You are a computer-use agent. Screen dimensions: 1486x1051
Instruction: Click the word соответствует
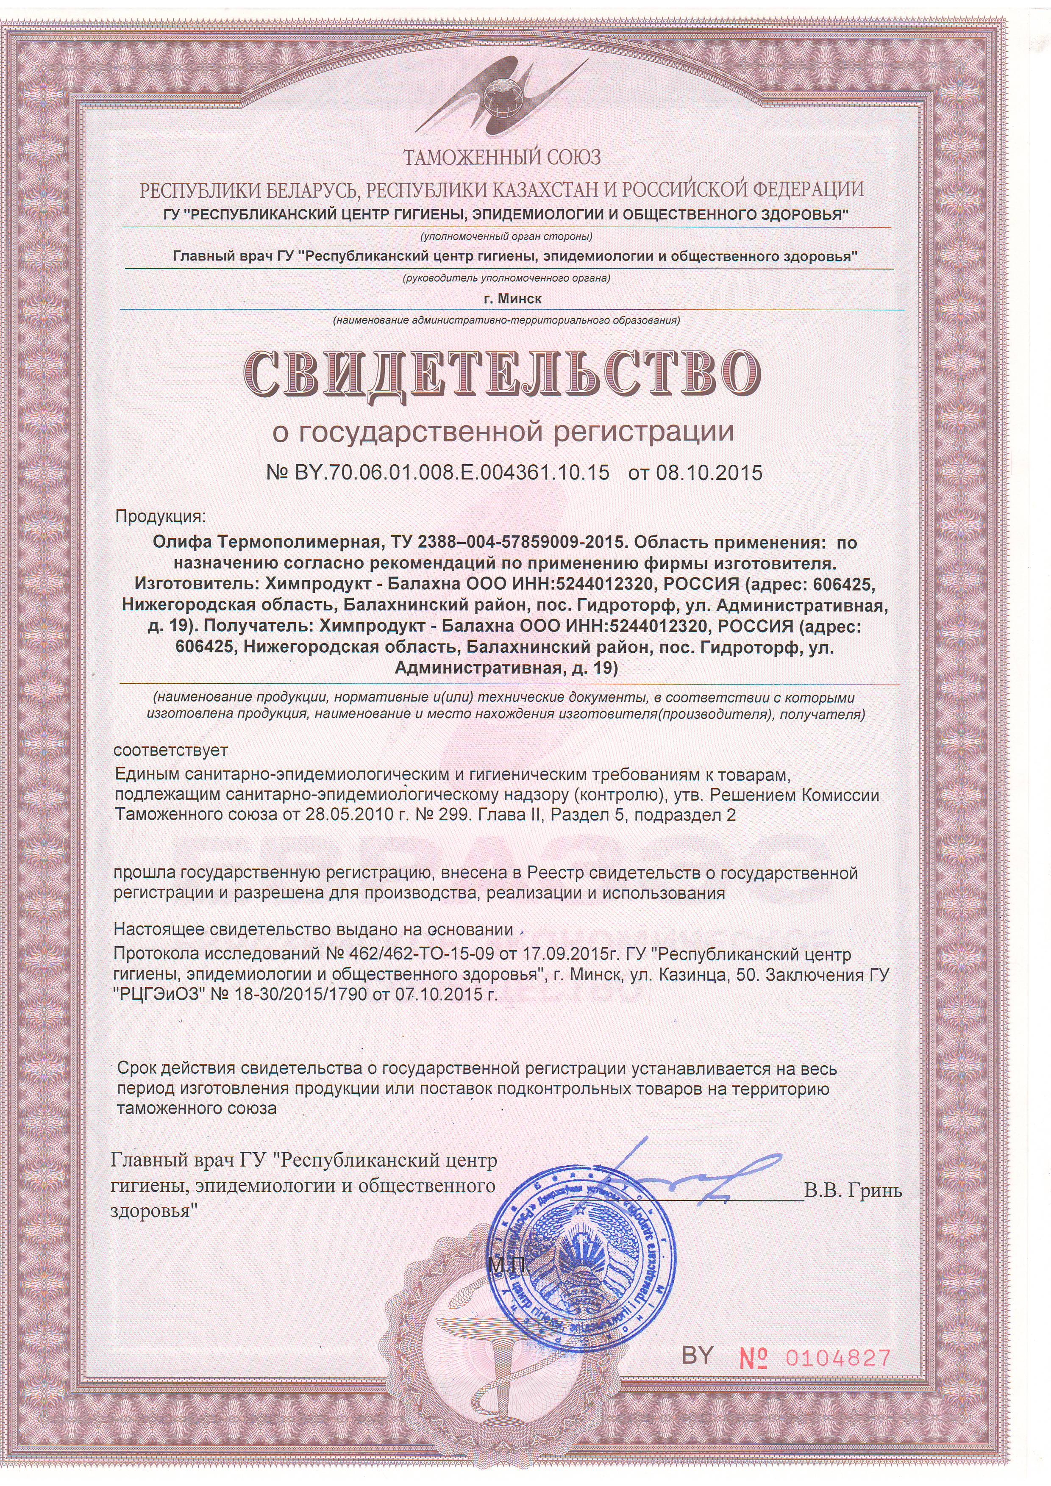(x=171, y=750)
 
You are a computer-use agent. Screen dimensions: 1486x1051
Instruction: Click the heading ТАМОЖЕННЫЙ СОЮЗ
(x=502, y=157)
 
